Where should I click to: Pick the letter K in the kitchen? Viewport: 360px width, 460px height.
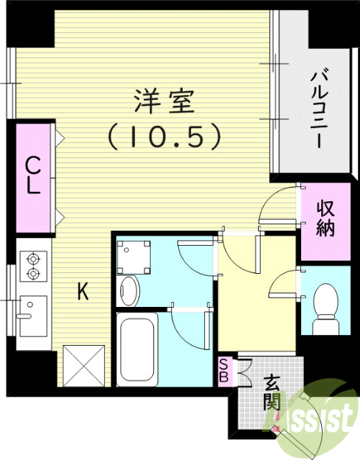coord(83,291)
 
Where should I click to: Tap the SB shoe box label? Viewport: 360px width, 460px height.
coord(225,369)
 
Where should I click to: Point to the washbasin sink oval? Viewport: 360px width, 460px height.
coord(130,291)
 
